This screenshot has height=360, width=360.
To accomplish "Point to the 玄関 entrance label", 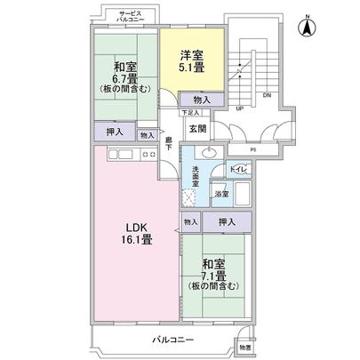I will [x=196, y=128].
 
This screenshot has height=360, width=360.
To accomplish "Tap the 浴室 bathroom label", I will [x=221, y=193].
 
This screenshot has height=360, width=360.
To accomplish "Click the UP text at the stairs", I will [x=239, y=109].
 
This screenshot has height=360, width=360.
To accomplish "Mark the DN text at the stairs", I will [x=268, y=96].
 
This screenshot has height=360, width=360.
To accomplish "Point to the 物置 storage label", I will [x=244, y=346].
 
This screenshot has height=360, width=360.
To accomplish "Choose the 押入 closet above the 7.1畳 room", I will [x=226, y=221].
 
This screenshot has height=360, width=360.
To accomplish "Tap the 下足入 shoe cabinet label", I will [x=188, y=113].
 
